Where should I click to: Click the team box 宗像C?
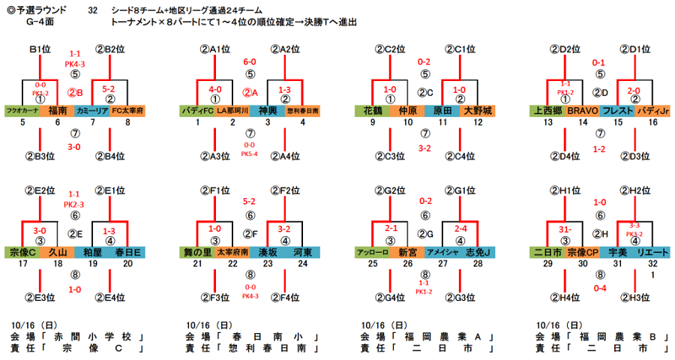tap(22, 252)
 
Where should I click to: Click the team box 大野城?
tap(478, 110)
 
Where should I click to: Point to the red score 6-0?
tap(250, 61)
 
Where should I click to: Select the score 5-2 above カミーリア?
tap(109, 88)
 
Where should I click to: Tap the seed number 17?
tap(22, 264)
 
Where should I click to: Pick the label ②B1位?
tap(40, 49)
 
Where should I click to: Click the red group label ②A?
tap(250, 93)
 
